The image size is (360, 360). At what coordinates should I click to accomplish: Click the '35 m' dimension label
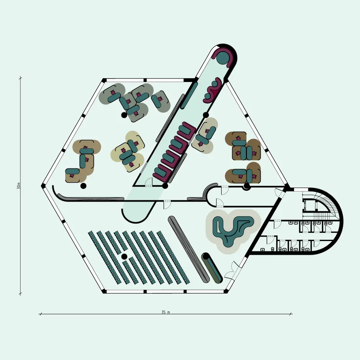coord(165,312)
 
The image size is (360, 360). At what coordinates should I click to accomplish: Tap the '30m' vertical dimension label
coord(19,186)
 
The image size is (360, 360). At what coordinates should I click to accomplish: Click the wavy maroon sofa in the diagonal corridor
coord(213,90)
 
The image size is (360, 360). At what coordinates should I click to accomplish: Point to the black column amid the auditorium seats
coord(124,256)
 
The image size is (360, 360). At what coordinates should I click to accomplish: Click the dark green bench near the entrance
coord(212,268)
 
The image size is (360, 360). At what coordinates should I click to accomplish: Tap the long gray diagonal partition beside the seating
coord(189,249)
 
